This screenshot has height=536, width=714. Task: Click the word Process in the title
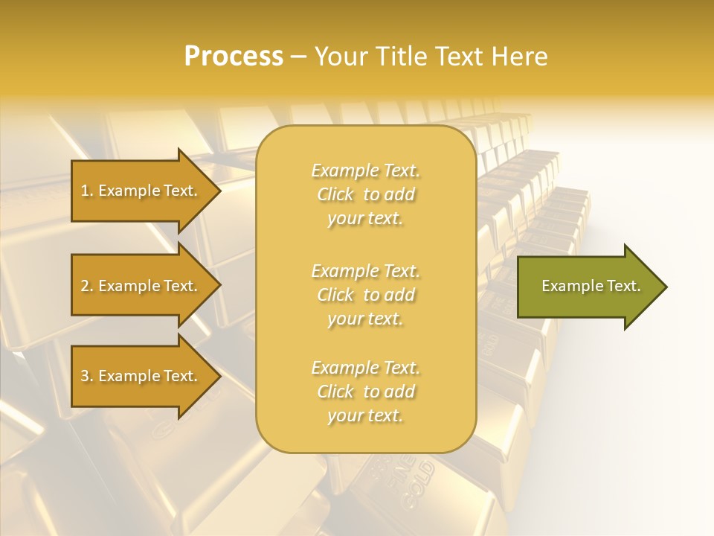tap(234, 57)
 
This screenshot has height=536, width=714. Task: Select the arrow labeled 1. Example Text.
tap(141, 191)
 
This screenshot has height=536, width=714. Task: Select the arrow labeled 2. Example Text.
tap(141, 286)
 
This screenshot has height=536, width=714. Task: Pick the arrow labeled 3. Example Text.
tap(141, 376)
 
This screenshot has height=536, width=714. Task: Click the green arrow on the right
tap(588, 287)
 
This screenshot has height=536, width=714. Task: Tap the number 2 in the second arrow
tap(85, 286)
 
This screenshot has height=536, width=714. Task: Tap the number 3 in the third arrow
tap(85, 376)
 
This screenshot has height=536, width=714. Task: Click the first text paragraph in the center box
tap(365, 194)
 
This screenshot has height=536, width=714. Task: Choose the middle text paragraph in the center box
tap(365, 295)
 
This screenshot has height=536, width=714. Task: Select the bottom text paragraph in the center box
tap(365, 392)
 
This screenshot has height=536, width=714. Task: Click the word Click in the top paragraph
tap(335, 194)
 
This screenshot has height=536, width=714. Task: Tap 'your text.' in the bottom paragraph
tap(365, 415)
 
